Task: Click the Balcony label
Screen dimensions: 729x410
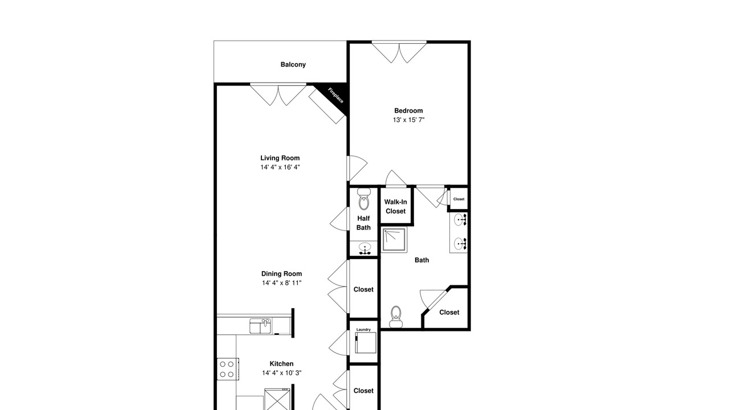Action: click(x=293, y=64)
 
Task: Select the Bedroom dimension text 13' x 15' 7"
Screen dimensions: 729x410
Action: click(x=408, y=120)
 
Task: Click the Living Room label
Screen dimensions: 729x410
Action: click(x=280, y=158)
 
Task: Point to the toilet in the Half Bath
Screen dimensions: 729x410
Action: click(x=364, y=199)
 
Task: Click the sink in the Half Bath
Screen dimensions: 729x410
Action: click(x=365, y=248)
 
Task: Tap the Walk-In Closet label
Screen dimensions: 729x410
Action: click(x=395, y=206)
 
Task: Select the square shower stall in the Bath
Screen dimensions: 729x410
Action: click(x=394, y=240)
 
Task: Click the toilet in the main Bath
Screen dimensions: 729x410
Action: click(x=396, y=317)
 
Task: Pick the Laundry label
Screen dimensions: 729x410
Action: click(x=363, y=329)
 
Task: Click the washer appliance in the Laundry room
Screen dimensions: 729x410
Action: click(x=366, y=343)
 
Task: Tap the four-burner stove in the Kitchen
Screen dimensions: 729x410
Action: click(x=228, y=369)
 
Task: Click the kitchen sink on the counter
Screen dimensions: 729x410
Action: click(x=260, y=326)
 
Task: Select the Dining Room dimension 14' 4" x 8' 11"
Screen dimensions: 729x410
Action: click(x=281, y=283)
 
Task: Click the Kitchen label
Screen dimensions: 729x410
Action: click(x=281, y=364)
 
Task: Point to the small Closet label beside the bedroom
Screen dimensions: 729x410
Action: click(x=459, y=199)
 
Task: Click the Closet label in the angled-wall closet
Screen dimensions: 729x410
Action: click(x=449, y=313)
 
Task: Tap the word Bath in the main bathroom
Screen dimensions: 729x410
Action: click(x=422, y=260)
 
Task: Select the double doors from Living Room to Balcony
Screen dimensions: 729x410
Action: click(x=279, y=95)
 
